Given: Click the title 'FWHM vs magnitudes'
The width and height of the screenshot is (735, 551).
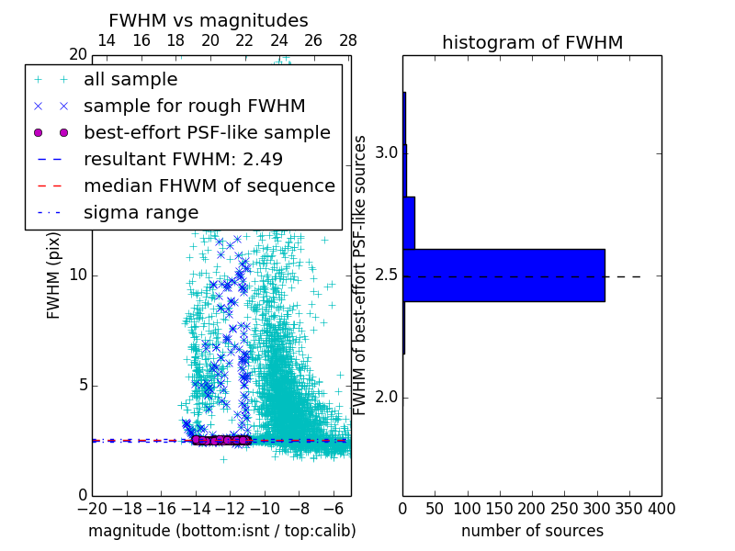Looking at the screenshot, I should (x=209, y=20).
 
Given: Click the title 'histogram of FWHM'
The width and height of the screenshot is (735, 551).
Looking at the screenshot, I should (x=532, y=42).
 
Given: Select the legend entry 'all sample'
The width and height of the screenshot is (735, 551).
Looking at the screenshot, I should (x=130, y=80).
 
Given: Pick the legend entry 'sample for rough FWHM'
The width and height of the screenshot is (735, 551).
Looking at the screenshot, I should (x=194, y=106).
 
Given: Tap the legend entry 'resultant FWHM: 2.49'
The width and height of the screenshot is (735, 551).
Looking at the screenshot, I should (x=183, y=159).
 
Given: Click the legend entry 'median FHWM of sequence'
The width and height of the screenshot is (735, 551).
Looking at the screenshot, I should (x=209, y=186).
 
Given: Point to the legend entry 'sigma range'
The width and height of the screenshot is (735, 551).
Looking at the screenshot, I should (x=141, y=212).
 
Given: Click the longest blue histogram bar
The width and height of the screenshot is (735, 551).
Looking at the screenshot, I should (x=503, y=275).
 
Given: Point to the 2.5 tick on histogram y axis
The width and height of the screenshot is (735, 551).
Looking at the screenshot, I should (x=386, y=275).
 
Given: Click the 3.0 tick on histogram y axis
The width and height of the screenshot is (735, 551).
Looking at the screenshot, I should (x=386, y=152).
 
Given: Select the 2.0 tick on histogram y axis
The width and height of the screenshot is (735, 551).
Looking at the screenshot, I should (x=386, y=398).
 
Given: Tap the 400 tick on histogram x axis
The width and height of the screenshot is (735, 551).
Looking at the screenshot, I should (x=661, y=508).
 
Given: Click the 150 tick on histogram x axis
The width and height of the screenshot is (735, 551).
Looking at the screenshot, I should (x=500, y=508).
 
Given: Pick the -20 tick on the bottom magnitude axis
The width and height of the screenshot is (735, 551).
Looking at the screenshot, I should (x=92, y=508).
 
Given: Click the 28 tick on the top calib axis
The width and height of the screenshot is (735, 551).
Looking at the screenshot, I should (x=348, y=40).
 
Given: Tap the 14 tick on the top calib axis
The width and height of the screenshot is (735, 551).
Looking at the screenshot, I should (x=107, y=40).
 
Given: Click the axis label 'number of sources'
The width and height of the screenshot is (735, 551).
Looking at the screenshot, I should (x=532, y=531).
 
